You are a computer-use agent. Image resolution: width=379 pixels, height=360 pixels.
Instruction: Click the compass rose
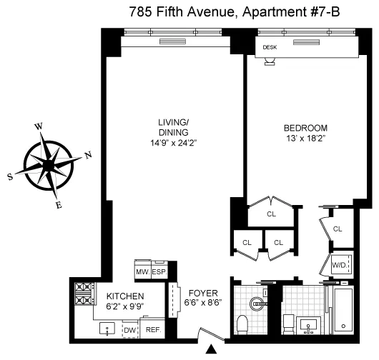[x=49, y=164]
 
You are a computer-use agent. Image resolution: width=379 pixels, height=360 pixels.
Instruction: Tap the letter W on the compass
[x=39, y=126]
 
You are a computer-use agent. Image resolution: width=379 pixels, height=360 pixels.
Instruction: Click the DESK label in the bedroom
[x=270, y=47]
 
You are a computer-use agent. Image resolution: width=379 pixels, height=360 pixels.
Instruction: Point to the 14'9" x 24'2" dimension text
[x=173, y=142]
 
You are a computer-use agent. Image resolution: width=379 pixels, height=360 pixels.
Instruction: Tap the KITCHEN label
[x=125, y=296]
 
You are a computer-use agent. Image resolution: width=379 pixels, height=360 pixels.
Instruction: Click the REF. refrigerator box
[x=153, y=330]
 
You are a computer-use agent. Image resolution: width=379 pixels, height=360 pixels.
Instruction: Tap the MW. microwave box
[x=142, y=272]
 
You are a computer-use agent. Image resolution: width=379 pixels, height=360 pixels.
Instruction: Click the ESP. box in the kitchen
[x=159, y=272]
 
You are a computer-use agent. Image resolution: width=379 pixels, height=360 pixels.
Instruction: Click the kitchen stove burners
[x=84, y=294]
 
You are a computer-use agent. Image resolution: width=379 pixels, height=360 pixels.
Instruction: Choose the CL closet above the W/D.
[x=338, y=229]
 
